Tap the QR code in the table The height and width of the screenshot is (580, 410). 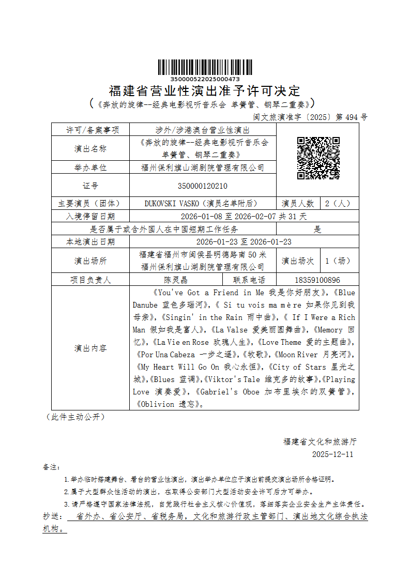tap(318, 158)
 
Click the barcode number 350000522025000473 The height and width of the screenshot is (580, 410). tap(205, 79)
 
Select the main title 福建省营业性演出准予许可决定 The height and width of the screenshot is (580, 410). tap(205, 91)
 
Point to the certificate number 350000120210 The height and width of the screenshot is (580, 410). tap(202, 186)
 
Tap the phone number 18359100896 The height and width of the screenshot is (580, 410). tap(317, 280)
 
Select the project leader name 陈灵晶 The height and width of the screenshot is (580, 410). tap(176, 280)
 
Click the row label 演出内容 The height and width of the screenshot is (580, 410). tap(90, 348)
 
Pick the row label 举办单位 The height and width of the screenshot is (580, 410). tap(90, 167)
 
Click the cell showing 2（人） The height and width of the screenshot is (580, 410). tap(339, 203)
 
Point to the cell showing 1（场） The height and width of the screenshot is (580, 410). tap(339, 261)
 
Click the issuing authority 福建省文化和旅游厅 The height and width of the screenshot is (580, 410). tap(320, 442)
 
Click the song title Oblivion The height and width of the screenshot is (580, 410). tap(157, 404)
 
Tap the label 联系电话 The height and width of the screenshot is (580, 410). tap(249, 280)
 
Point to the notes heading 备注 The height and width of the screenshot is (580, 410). tap(51, 467)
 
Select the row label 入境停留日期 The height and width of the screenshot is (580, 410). tap(90, 216)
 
